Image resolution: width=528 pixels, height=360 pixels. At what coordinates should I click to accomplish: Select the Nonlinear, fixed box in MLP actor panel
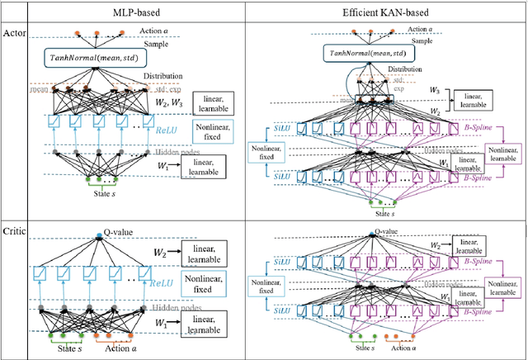pos(213,130)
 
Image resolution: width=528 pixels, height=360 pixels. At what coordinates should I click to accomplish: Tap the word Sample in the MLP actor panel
pos(134,42)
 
